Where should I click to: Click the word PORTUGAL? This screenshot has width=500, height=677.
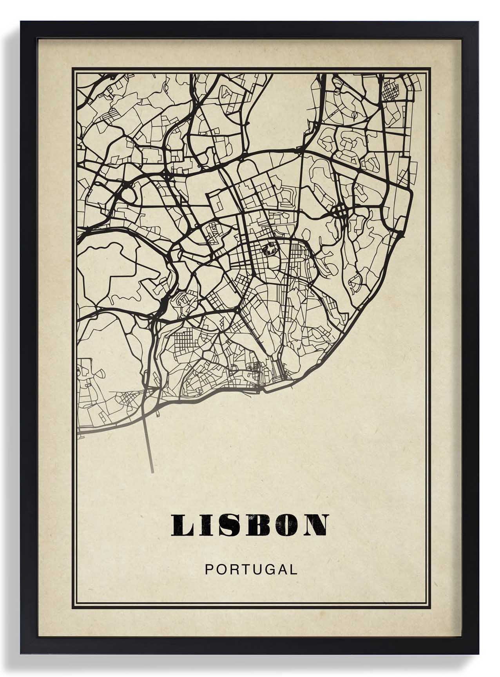click(x=251, y=569)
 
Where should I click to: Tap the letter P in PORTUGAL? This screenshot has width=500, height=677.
click(x=209, y=569)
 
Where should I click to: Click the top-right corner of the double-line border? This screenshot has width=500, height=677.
click(x=430, y=69)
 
